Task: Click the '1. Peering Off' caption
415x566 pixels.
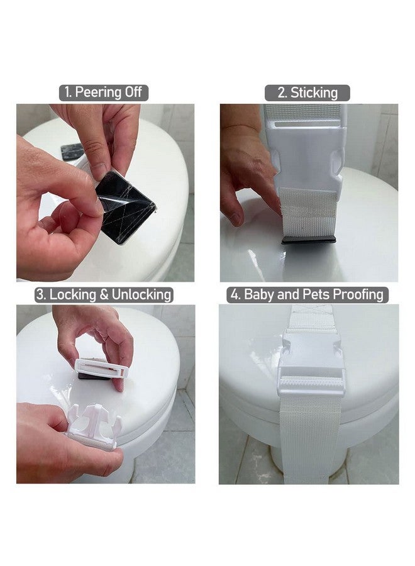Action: (104, 92)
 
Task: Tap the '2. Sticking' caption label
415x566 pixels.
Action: (308, 92)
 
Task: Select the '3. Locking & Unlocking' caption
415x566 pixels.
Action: (104, 294)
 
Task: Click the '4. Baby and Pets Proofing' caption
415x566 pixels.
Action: (307, 294)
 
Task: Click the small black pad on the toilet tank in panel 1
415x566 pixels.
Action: (72, 152)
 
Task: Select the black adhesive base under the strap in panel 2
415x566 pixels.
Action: (308, 240)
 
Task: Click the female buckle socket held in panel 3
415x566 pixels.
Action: (102, 369)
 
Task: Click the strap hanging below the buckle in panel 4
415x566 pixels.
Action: (311, 440)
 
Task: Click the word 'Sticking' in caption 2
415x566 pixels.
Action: (314, 92)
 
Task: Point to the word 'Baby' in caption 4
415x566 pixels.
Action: (258, 294)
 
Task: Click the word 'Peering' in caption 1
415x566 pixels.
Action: (98, 92)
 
